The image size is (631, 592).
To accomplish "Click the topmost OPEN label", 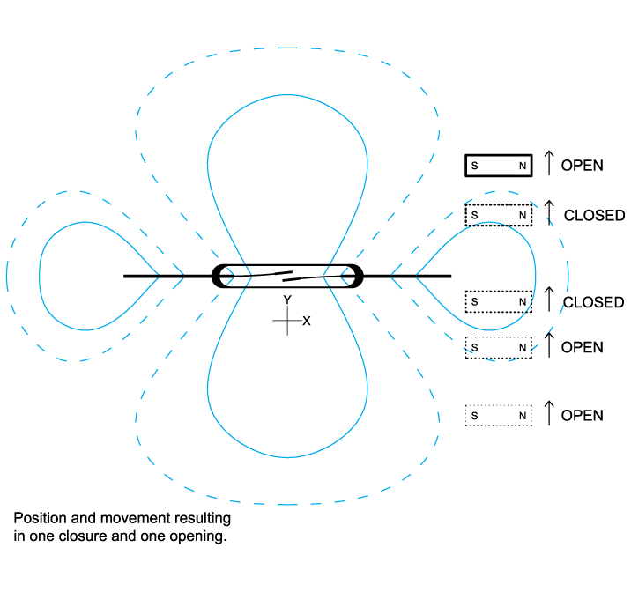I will (x=582, y=165).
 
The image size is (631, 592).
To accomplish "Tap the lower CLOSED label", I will (x=593, y=302).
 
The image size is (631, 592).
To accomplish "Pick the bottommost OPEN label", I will (x=582, y=415).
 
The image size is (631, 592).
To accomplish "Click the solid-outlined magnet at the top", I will (x=499, y=165).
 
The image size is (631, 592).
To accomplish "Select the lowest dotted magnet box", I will (x=499, y=415).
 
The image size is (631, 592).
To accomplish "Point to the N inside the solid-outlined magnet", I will (x=523, y=165).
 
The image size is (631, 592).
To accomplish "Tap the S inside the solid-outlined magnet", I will (x=474, y=165).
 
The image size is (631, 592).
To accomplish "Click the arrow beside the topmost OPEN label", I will (x=548, y=162).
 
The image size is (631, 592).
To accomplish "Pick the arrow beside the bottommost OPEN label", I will (x=548, y=412).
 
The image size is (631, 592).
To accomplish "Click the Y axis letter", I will (x=287, y=300).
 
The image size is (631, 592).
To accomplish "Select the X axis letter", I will (x=307, y=322).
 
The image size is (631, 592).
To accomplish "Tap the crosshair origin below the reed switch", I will (x=287, y=321).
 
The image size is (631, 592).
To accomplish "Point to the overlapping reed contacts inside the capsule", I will (x=287, y=277).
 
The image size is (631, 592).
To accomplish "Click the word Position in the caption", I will (x=39, y=517).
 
